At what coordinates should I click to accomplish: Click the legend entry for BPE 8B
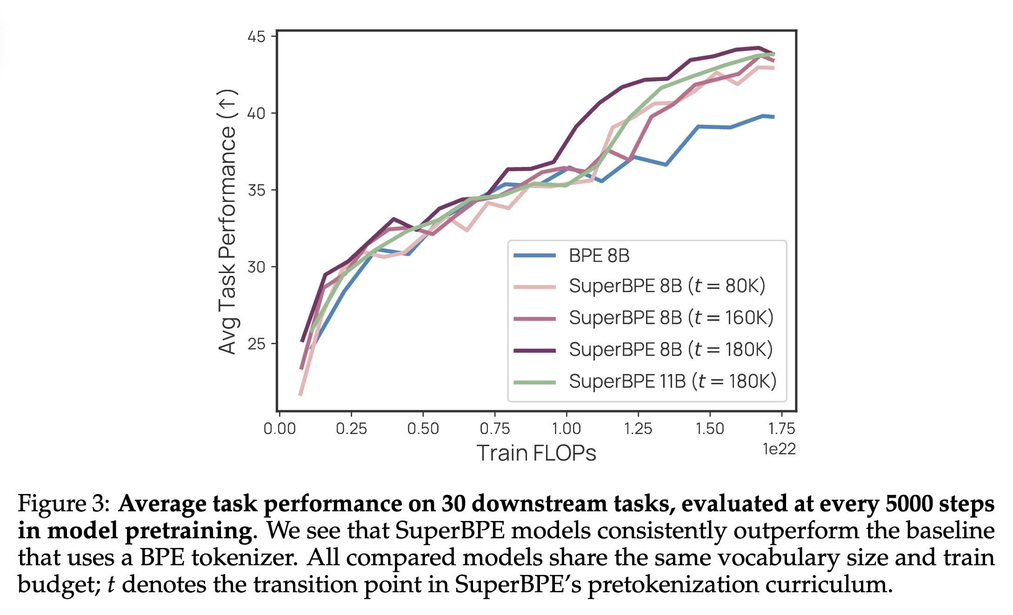coord(599,255)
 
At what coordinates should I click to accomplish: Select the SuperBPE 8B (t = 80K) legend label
coord(666,286)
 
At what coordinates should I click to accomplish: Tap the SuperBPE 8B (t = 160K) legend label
coord(671,317)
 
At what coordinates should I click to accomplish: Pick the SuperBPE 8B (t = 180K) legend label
coord(670,349)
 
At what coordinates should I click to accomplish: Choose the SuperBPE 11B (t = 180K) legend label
coord(672,381)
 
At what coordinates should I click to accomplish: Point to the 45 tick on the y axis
coord(256,36)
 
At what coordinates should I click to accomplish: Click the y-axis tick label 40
coord(256,113)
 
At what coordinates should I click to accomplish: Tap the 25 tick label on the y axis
coord(256,344)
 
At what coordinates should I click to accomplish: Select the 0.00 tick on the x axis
coord(279,428)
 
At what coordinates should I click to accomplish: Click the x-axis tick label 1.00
coord(566,428)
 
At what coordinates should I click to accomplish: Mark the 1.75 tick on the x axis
coord(781,428)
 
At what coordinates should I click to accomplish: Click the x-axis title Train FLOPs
coord(536,453)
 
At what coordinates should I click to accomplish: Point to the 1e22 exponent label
coord(779,449)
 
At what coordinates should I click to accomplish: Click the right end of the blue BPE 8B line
coord(773,117)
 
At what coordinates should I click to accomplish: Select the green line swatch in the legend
coord(534,382)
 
